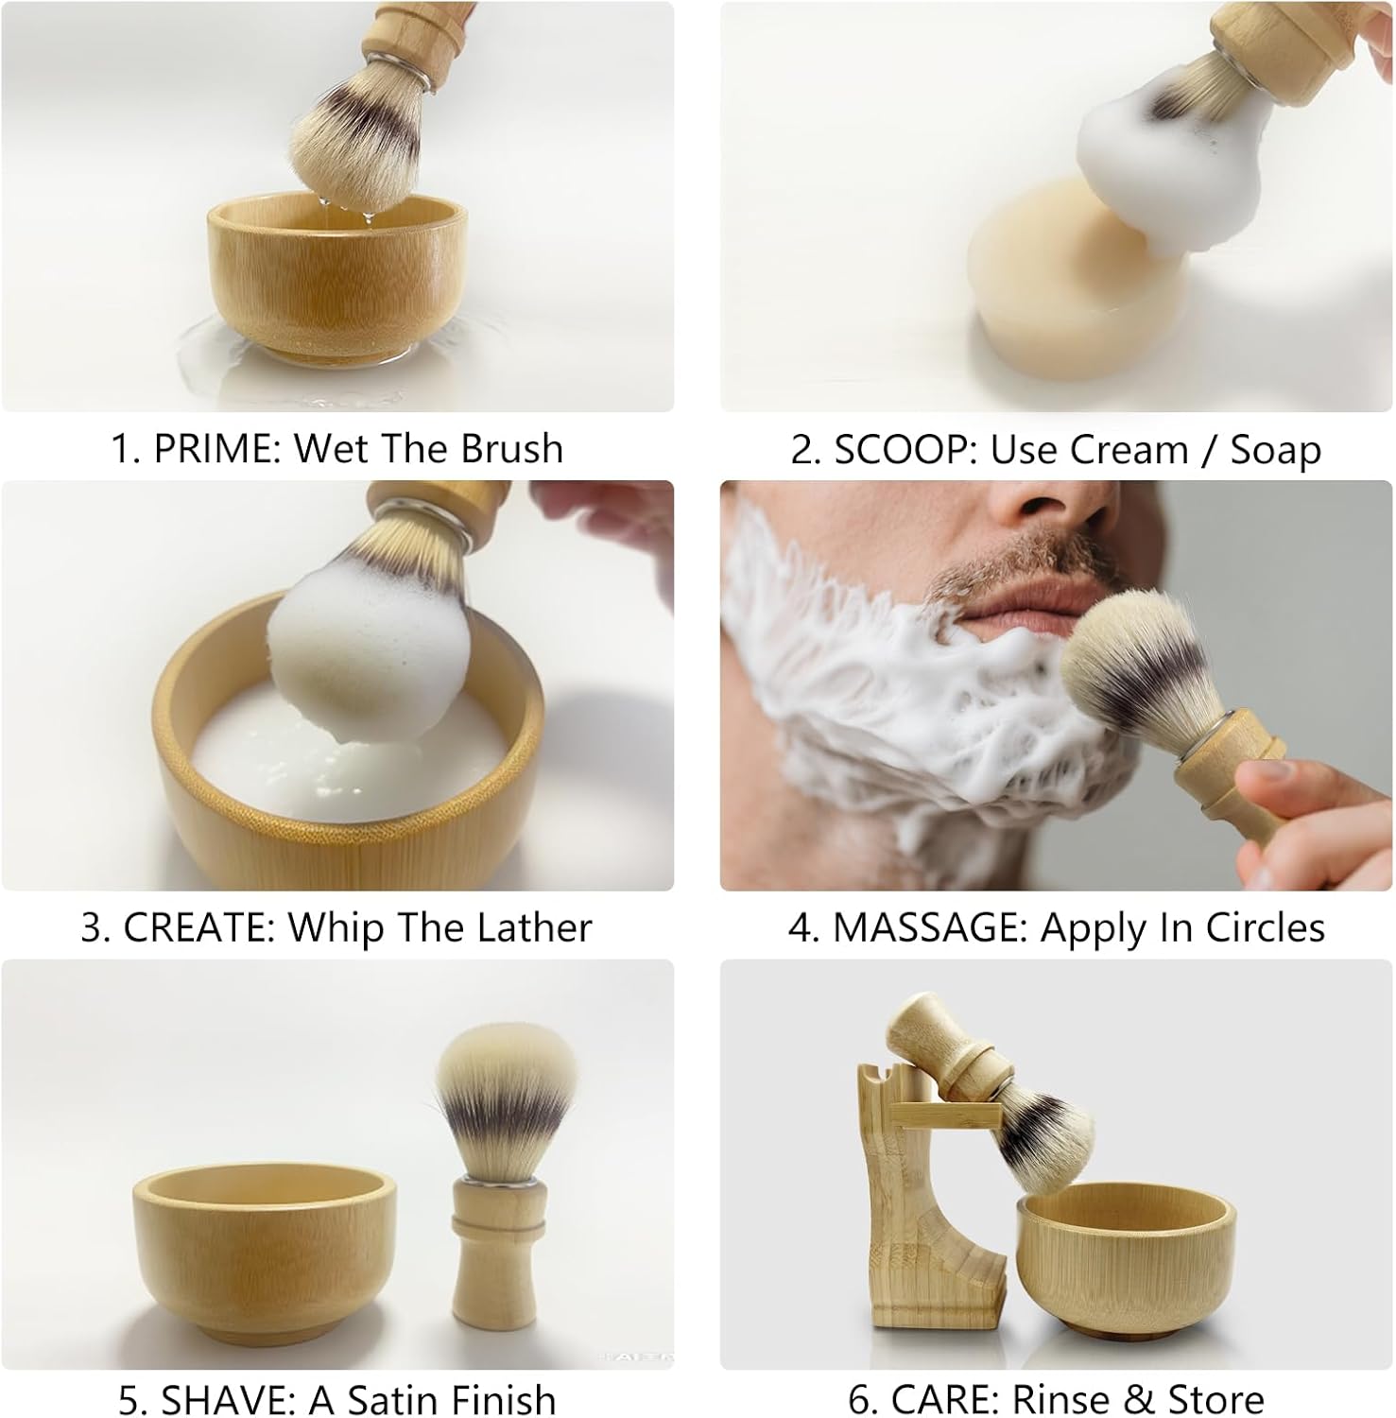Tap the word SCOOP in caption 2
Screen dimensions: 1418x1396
(x=904, y=450)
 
